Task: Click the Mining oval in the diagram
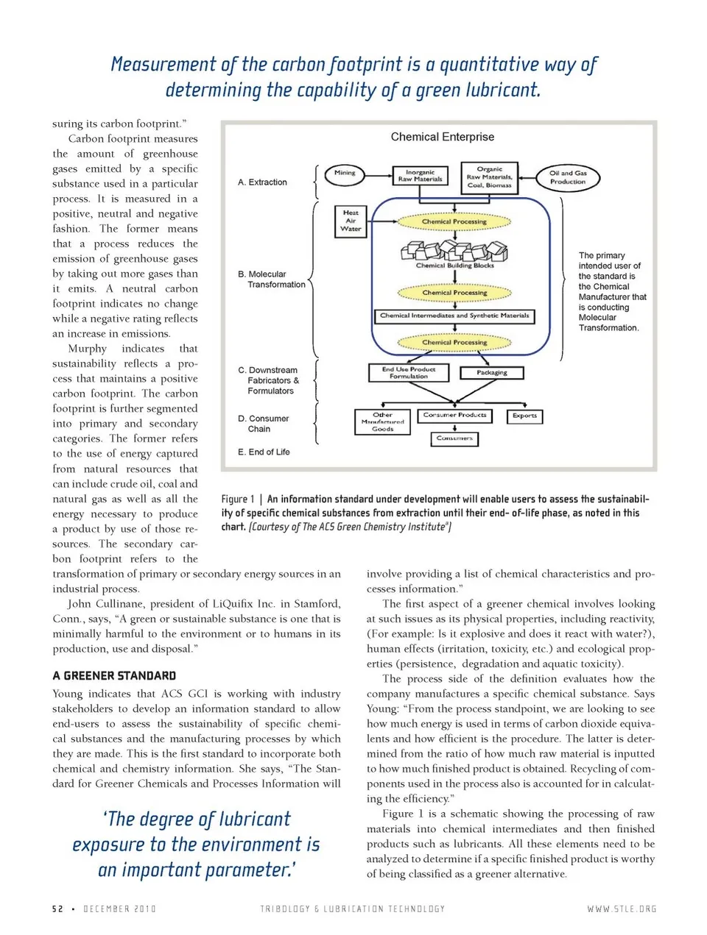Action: tap(344, 174)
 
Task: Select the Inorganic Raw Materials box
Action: tap(420, 176)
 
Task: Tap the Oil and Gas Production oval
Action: tap(568, 177)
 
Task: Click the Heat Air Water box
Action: tap(351, 221)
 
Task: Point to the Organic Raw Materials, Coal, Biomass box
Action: tap(490, 177)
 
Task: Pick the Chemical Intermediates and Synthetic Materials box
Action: tap(454, 316)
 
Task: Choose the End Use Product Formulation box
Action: tap(409, 373)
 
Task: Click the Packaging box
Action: tap(492, 373)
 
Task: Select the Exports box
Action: tap(524, 416)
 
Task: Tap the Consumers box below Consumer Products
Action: tap(454, 438)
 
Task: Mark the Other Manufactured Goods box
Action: tap(382, 422)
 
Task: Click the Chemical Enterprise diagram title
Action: tap(443, 137)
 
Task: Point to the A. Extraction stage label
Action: tap(263, 182)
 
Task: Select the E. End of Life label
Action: tap(264, 452)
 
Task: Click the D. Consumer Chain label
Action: tap(264, 424)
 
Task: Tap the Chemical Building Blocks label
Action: tap(454, 266)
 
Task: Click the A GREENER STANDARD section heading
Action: tap(114, 676)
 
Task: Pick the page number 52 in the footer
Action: tap(57, 909)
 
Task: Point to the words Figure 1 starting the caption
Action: tap(238, 500)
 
